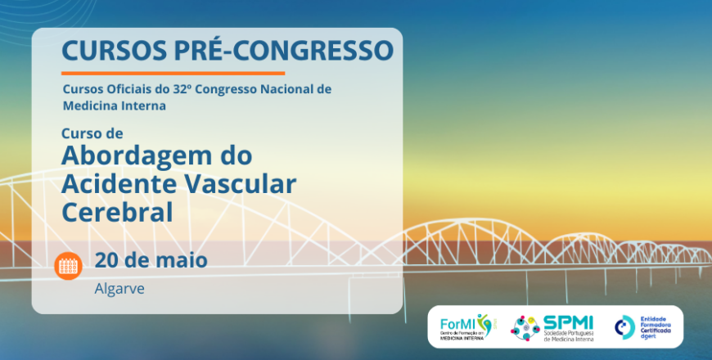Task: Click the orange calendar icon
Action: click(69, 265)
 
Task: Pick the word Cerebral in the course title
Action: click(117, 212)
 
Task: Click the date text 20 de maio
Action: click(151, 261)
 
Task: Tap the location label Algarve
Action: click(119, 289)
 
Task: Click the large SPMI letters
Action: click(568, 322)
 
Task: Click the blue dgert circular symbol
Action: click(624, 326)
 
